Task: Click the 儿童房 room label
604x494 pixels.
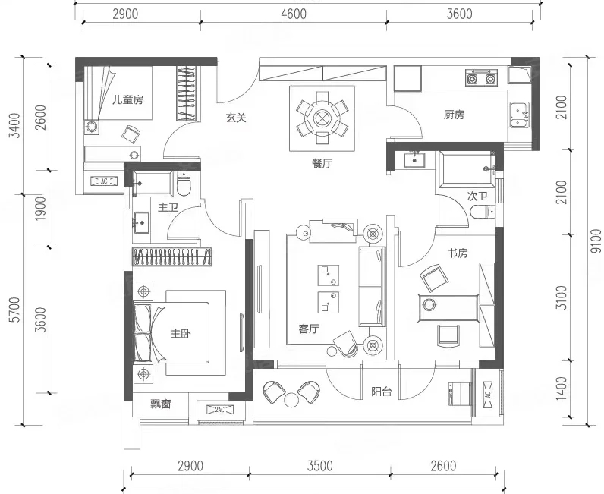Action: pyautogui.click(x=127, y=100)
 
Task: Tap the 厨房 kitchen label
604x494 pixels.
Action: pyautogui.click(x=454, y=115)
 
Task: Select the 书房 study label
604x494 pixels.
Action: pyautogui.click(x=458, y=253)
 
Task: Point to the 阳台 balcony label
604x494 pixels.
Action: pyautogui.click(x=382, y=392)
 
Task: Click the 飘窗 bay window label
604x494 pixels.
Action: pyautogui.click(x=160, y=404)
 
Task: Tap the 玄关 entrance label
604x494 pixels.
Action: pyautogui.click(x=236, y=118)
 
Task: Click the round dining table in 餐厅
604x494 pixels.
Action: pyautogui.click(x=322, y=118)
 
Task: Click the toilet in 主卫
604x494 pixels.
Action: pyautogui.click(x=184, y=184)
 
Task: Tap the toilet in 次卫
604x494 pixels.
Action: pyautogui.click(x=483, y=212)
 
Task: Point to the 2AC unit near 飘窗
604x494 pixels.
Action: pyautogui.click(x=219, y=409)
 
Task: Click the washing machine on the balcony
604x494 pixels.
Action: pyautogui.click(x=460, y=393)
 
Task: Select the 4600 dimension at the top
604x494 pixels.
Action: pyautogui.click(x=294, y=14)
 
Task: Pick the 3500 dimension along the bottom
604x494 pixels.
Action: pyautogui.click(x=319, y=466)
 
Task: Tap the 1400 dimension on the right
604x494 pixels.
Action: pyautogui.click(x=562, y=389)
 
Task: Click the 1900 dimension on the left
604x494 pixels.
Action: pyautogui.click(x=40, y=209)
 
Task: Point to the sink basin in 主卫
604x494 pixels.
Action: pyautogui.click(x=141, y=222)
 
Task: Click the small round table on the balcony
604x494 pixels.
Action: pyautogui.click(x=291, y=399)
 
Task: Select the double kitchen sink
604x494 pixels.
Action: pyautogui.click(x=519, y=115)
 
